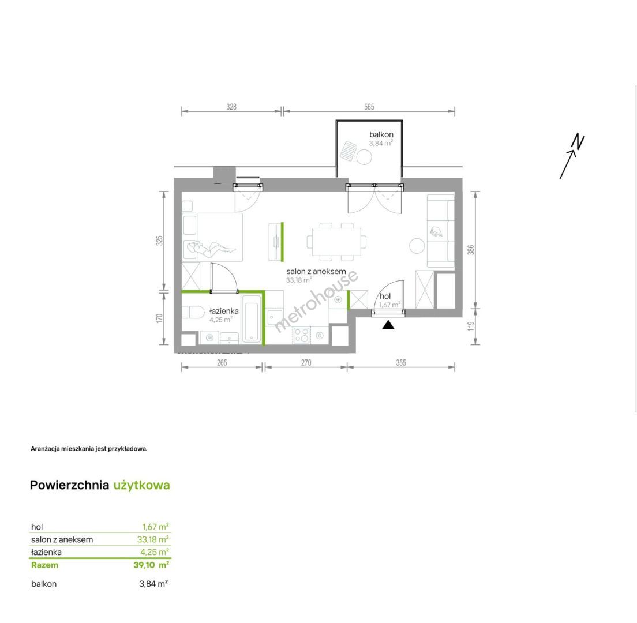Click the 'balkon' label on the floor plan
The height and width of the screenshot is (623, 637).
(381, 134)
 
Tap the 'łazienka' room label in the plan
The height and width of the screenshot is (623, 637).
(224, 311)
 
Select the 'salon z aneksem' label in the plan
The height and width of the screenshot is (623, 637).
(316, 271)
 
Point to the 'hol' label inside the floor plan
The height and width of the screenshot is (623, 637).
(385, 297)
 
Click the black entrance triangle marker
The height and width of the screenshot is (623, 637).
(388, 325)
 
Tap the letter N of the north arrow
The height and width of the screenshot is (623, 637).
(578, 142)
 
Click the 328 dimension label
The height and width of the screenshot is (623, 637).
(231, 107)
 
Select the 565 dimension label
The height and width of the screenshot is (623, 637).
(369, 107)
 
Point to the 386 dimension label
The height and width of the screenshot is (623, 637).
(470, 249)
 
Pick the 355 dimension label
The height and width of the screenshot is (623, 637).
(400, 363)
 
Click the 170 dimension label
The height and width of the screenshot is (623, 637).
(159, 318)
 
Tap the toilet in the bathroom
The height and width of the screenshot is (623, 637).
(193, 313)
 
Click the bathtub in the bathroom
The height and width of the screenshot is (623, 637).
(250, 319)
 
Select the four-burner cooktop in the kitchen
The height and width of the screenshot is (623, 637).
(302, 336)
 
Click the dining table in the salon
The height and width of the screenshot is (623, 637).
(336, 242)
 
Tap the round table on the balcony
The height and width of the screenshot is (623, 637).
(364, 157)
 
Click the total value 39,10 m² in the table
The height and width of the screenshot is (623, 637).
(151, 565)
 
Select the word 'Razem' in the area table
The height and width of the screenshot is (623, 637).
(44, 565)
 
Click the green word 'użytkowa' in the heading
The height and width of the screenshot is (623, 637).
(141, 485)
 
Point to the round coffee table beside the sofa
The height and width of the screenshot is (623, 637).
(417, 246)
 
